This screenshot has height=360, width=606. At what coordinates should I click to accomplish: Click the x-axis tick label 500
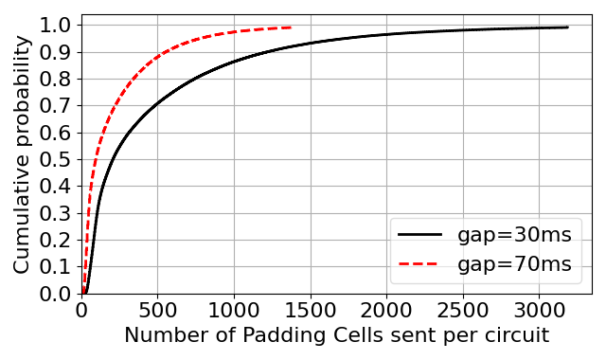(x=158, y=311)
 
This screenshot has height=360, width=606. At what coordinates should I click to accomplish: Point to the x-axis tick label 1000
(x=234, y=311)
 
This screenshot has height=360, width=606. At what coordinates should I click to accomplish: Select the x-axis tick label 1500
(x=311, y=311)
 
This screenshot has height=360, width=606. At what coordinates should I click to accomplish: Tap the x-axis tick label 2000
(x=386, y=311)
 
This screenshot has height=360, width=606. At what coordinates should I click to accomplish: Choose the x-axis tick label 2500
(x=463, y=311)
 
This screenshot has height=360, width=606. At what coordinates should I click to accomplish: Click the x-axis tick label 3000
(x=540, y=311)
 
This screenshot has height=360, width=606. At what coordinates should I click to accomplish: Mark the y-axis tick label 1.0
(x=56, y=26)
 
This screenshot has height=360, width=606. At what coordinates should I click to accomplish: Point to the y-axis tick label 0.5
(x=56, y=160)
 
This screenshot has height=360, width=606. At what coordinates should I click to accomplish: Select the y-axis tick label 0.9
(x=56, y=52)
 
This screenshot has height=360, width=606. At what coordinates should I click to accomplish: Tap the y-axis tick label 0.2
(x=56, y=240)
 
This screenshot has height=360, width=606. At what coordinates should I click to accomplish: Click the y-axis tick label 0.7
(x=56, y=106)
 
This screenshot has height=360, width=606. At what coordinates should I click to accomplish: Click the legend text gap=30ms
(x=514, y=235)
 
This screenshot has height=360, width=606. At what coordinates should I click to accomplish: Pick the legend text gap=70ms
(x=514, y=264)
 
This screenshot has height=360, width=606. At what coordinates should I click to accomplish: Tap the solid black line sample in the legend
(x=419, y=234)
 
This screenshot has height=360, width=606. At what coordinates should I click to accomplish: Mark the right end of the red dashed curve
(x=291, y=27)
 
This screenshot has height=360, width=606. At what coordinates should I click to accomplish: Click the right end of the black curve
(x=567, y=27)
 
